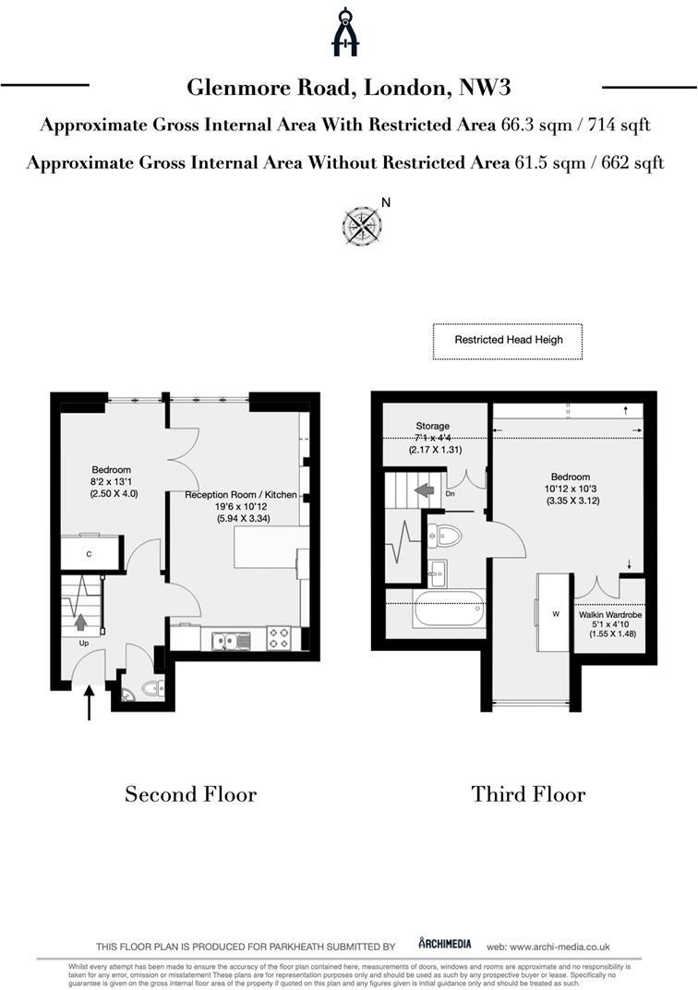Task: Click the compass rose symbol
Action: (x=363, y=226)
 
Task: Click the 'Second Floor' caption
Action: (x=190, y=794)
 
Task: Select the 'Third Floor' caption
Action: (x=528, y=794)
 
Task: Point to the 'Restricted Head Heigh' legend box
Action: (x=508, y=341)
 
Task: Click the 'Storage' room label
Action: (x=432, y=427)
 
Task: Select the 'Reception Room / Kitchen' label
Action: (x=241, y=495)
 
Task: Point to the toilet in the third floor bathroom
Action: (x=448, y=536)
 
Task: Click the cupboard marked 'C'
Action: (x=89, y=554)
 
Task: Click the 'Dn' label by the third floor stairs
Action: (x=450, y=493)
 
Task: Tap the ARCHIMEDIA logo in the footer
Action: (x=444, y=944)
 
